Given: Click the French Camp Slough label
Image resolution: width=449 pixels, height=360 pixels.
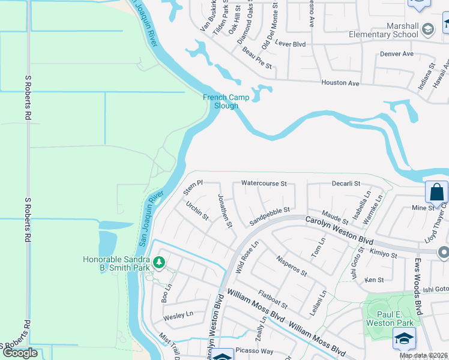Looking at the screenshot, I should pos(220,101).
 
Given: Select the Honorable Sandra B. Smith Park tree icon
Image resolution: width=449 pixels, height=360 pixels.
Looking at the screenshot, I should pos(159,262).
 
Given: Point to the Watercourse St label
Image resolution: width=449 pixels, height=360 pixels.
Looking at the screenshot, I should pos(264,183).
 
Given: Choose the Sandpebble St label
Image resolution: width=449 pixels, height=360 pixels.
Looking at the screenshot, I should pos(270,216).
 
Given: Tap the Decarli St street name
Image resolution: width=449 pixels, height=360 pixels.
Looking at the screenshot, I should pos(346,184).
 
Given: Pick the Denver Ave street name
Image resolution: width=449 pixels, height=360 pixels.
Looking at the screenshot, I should pos(397,53).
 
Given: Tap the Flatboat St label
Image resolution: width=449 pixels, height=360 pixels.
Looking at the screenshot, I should pos(273,300).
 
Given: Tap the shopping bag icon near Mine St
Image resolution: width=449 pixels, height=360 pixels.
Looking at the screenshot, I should pos(436,193).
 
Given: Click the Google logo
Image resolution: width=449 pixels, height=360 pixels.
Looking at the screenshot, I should pos(20,353).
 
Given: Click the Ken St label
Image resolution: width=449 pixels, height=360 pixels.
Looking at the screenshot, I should pos(374,280).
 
